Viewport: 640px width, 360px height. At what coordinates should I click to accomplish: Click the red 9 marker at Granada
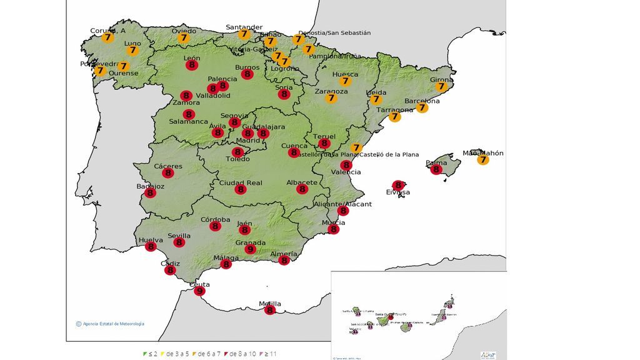(250, 250)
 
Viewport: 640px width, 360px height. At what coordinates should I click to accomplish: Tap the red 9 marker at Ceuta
(200, 291)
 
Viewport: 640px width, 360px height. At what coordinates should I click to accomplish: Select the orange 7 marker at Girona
(441, 87)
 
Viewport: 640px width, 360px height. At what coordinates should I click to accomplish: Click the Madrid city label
(247, 141)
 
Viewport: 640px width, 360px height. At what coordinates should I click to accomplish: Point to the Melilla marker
(270, 310)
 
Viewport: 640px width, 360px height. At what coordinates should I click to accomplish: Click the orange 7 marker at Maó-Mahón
(482, 160)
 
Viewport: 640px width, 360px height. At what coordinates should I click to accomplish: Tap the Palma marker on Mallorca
(436, 169)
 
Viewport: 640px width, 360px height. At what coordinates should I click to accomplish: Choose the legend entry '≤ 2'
(150, 354)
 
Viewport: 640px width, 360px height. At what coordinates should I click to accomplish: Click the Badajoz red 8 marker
(150, 193)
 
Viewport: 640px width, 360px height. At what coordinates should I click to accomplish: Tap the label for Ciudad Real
(241, 183)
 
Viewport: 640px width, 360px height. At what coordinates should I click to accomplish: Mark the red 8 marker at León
(192, 64)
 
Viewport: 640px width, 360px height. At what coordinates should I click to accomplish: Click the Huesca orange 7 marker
(345, 81)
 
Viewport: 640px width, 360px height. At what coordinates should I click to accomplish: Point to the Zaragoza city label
(331, 91)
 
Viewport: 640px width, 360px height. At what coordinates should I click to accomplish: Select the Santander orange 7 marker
(244, 34)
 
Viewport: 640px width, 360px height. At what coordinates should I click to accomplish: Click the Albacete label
(302, 182)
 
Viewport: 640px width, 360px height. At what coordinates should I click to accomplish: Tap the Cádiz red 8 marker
(170, 271)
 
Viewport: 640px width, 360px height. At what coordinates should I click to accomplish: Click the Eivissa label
(398, 192)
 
